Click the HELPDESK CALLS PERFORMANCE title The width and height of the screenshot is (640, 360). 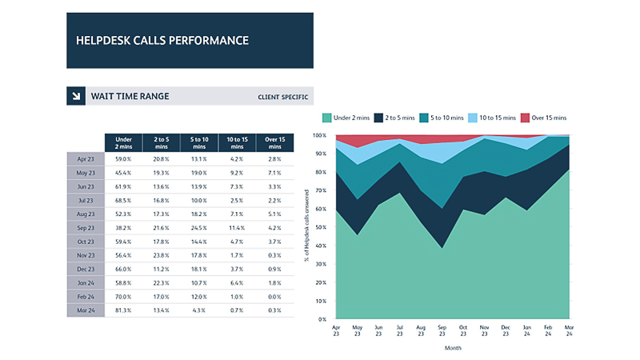162,40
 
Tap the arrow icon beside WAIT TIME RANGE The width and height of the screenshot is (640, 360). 77,96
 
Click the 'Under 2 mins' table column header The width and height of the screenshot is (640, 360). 123,143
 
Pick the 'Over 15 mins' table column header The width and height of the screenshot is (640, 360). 274,143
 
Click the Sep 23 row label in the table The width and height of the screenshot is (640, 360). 86,227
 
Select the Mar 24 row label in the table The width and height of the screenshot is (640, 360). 86,310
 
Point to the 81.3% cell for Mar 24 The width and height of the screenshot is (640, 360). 123,310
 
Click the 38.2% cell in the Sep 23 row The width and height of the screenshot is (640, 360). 123,227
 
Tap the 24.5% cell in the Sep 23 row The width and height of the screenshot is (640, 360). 198,227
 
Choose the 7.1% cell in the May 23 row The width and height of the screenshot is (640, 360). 274,173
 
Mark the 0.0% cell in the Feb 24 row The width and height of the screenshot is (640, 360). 274,296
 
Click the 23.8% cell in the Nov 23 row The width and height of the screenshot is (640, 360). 161,254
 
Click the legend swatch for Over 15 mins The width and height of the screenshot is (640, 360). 525,118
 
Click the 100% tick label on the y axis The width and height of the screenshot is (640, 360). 318,135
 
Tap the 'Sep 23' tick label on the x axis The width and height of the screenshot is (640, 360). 442,331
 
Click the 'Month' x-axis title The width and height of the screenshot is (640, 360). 452,348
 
